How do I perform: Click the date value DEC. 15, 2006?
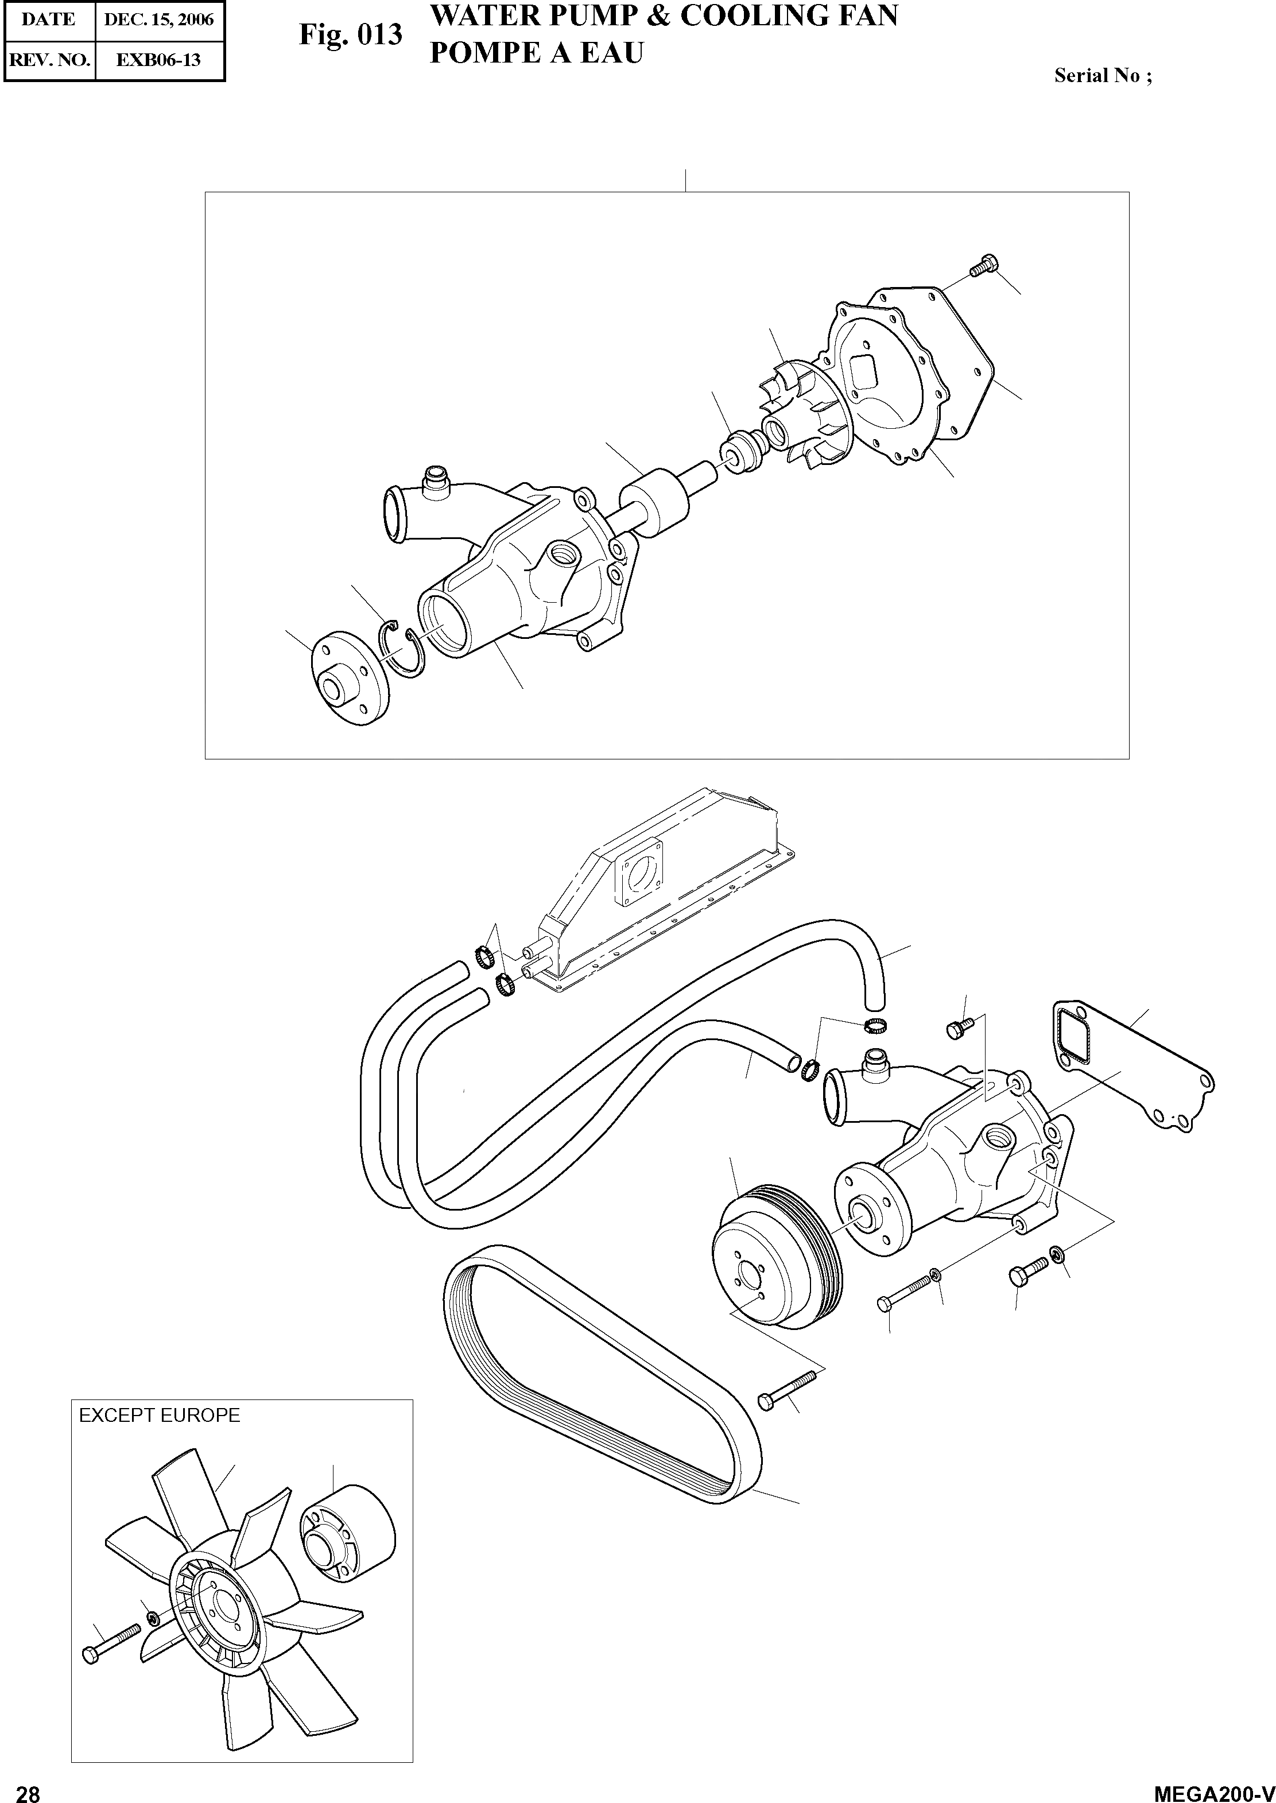[x=160, y=20]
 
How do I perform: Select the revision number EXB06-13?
[x=159, y=60]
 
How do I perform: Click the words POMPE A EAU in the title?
[x=537, y=53]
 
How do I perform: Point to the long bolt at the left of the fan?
[x=110, y=1645]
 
